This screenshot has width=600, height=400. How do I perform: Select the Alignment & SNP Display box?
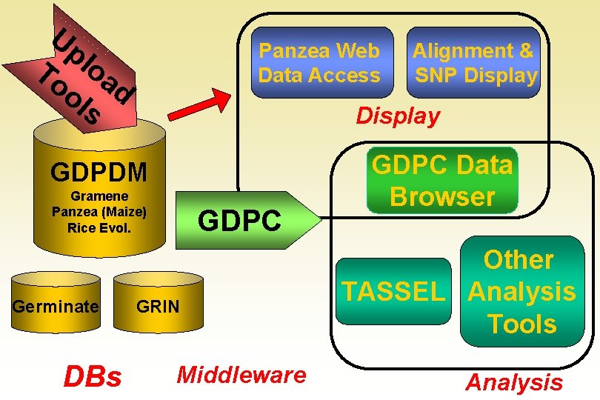click(473, 63)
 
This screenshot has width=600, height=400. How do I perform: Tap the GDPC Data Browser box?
click(442, 181)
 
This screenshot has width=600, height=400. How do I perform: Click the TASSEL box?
click(394, 292)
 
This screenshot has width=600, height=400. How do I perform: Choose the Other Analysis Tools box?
click(521, 292)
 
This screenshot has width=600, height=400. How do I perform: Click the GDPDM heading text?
click(99, 173)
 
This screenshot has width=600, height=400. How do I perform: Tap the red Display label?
click(398, 116)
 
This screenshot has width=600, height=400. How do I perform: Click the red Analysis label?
click(513, 382)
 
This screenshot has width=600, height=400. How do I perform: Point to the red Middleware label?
click(241, 375)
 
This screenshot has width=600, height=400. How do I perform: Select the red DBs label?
click(92, 377)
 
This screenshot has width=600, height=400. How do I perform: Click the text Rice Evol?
click(99, 227)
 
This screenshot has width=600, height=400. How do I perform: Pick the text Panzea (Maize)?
click(99, 212)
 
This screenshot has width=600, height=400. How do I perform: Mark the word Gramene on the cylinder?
click(99, 196)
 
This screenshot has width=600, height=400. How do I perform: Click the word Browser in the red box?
click(442, 197)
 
